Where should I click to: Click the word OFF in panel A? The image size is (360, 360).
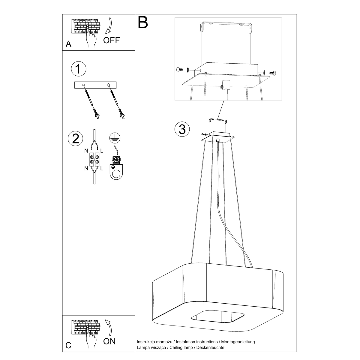pyautogui.click(x=111, y=40)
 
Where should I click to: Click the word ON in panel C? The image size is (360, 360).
pyautogui.click(x=109, y=341)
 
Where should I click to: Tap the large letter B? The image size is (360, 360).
pyautogui.click(x=143, y=22)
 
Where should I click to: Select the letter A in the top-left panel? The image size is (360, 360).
pyautogui.click(x=69, y=44)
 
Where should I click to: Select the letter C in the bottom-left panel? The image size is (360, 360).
pyautogui.click(x=68, y=346)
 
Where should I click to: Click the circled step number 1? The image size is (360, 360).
pyautogui.click(x=78, y=69)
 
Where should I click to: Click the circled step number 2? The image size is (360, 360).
pyautogui.click(x=76, y=139)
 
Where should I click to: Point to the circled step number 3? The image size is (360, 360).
pyautogui.click(x=182, y=129)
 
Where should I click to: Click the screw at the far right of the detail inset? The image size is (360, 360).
pyautogui.click(x=273, y=73)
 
